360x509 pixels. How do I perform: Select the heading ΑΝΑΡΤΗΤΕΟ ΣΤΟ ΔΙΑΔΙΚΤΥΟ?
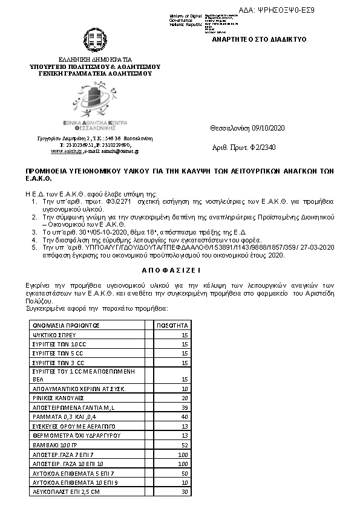click(259, 39)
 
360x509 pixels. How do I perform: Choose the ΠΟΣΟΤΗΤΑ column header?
click(173, 325)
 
